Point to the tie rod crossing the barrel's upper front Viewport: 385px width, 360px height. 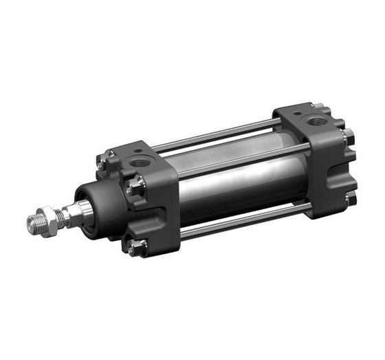(x=227, y=156)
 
